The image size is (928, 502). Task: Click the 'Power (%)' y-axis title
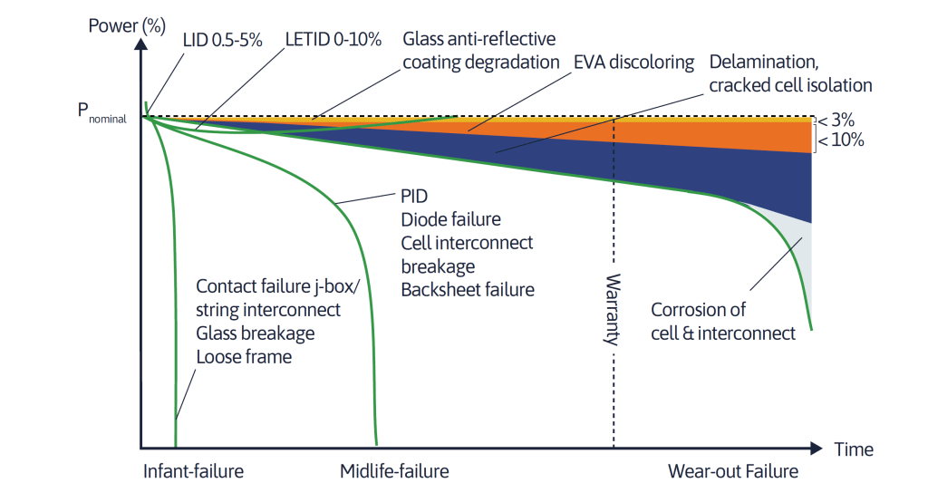[x=127, y=26]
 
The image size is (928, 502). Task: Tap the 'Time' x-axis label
[x=854, y=449]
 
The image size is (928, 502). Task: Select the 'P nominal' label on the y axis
[x=101, y=111]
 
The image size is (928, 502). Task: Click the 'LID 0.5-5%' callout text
[x=222, y=40]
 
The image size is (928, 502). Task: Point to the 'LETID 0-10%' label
[x=333, y=40]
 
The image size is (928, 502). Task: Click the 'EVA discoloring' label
[x=633, y=63]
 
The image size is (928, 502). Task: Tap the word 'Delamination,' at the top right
[x=763, y=63]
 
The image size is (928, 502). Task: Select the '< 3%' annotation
[x=836, y=121]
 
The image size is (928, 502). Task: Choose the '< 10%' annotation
[x=841, y=140]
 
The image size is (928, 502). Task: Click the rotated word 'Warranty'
[x=613, y=309]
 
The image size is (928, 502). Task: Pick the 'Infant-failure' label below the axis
[x=194, y=471]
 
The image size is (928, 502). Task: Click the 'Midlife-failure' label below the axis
[x=394, y=471]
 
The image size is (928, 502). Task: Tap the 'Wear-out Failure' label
[x=732, y=471]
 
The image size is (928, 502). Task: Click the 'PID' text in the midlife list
[x=414, y=196]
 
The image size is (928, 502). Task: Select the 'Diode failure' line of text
[x=451, y=219]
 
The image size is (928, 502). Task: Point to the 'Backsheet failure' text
[x=468, y=289]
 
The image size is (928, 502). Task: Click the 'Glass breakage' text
[x=255, y=333]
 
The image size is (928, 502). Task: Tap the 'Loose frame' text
[x=244, y=357]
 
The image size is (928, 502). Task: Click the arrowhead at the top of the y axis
[x=140, y=43]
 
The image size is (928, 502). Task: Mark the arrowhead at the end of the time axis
[x=817, y=449]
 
